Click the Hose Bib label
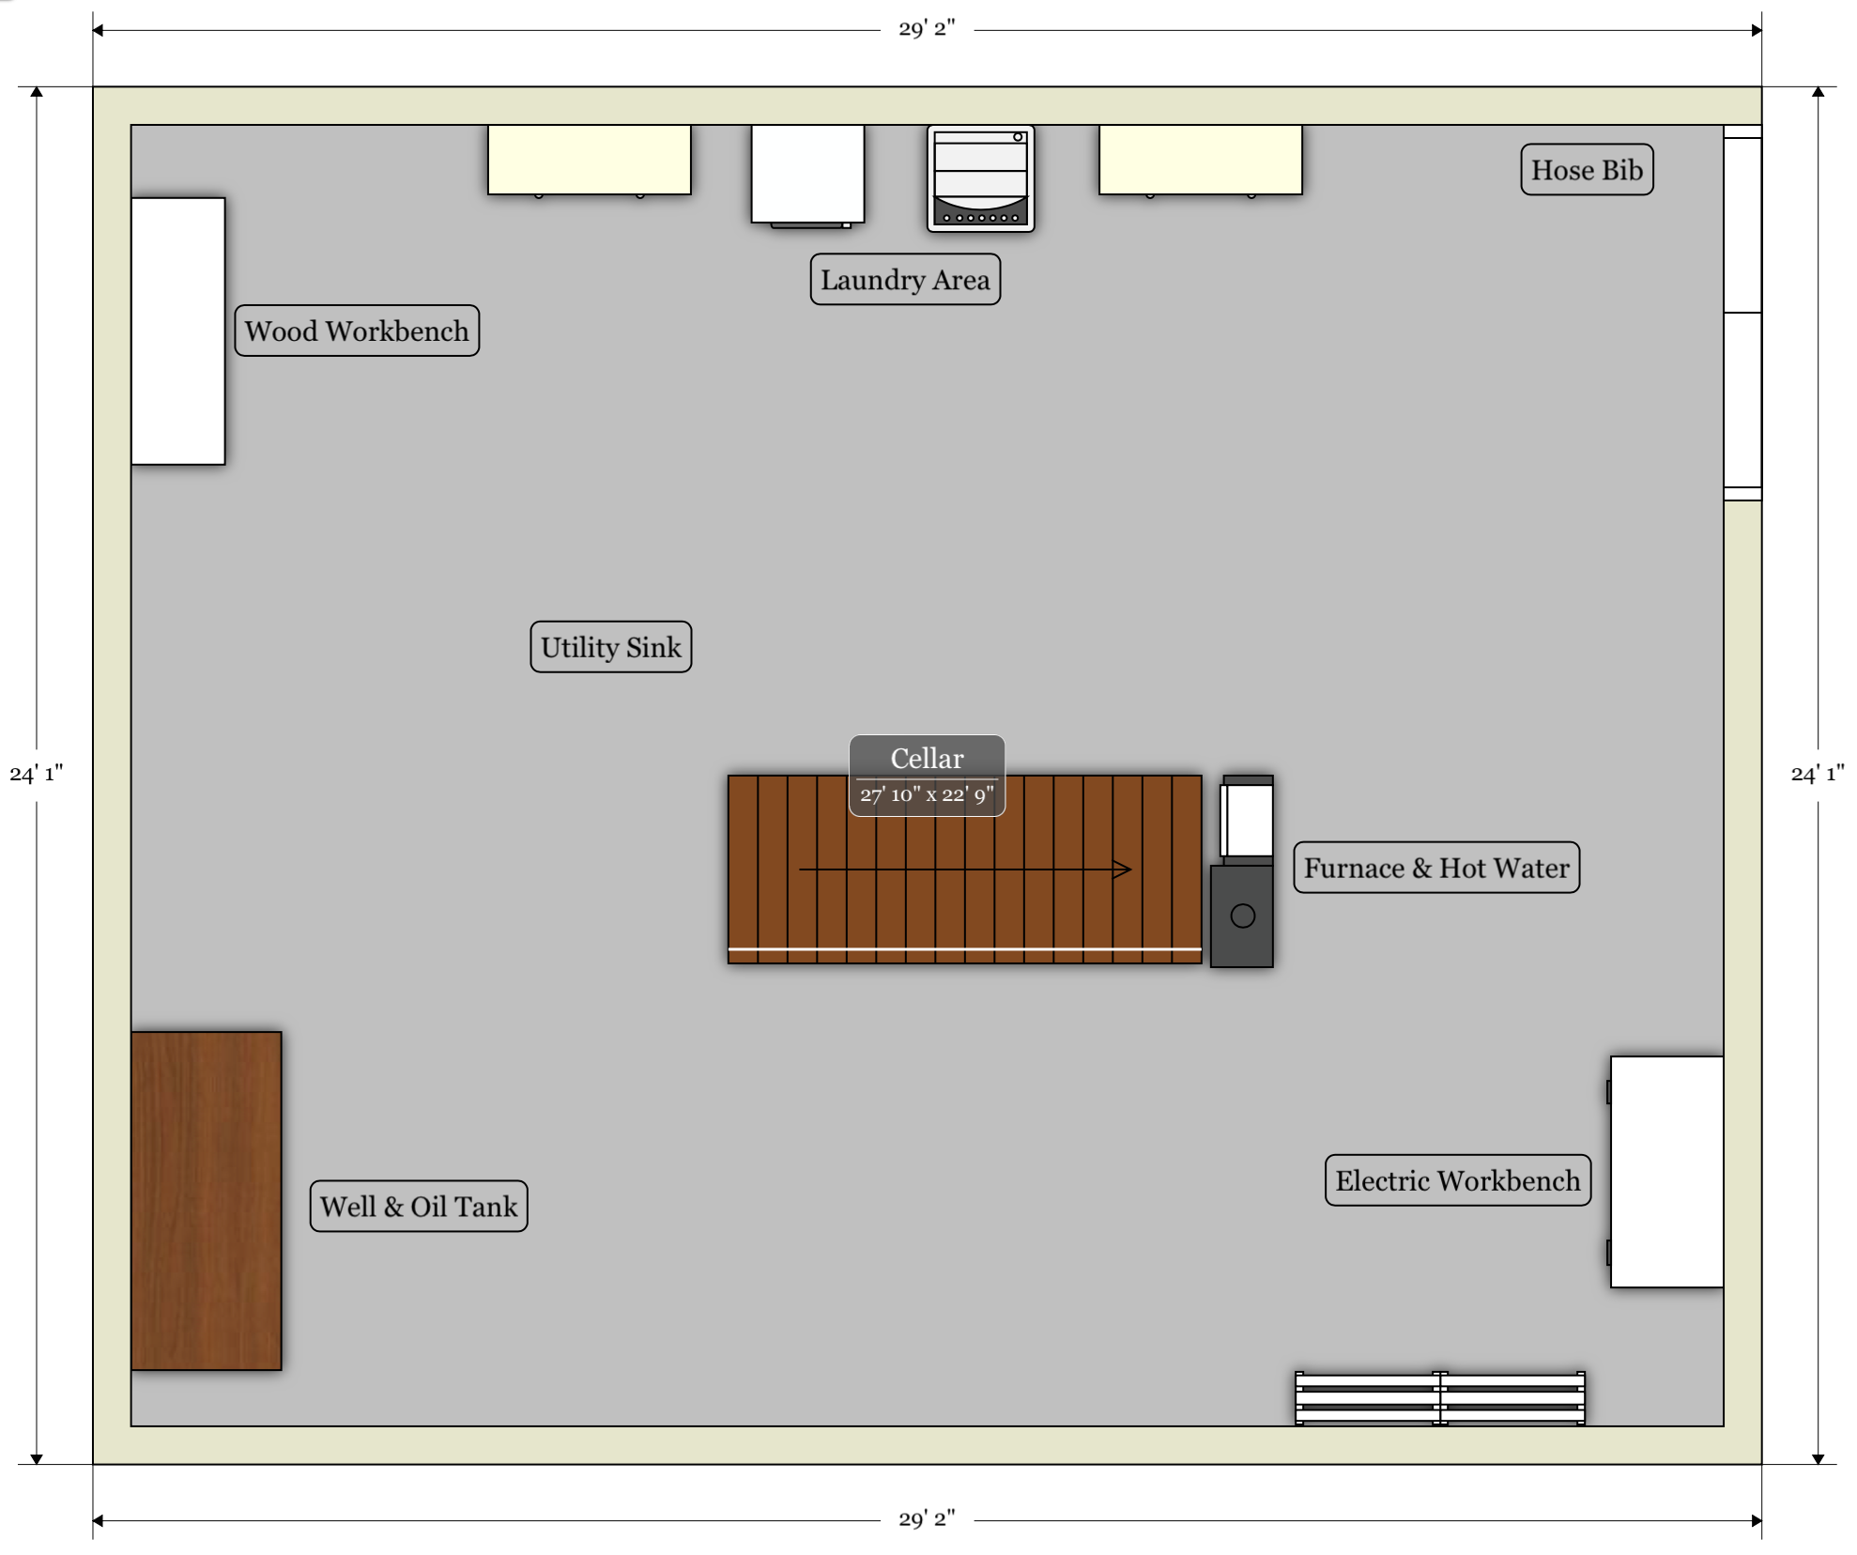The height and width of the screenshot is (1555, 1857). [x=1587, y=170]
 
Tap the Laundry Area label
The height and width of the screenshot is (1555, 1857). [x=905, y=279]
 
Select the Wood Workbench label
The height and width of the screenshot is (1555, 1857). [x=357, y=331]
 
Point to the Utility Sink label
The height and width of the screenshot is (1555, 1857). [x=611, y=647]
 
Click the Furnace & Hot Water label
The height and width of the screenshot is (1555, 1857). [x=1436, y=868]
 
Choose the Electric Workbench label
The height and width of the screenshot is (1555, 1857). [x=1458, y=1180]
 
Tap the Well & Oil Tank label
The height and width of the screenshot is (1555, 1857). [x=419, y=1207]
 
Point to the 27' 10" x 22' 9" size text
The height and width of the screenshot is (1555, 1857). [x=928, y=795]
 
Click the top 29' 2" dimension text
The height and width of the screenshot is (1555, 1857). [x=927, y=29]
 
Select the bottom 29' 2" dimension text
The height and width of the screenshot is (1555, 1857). [x=927, y=1519]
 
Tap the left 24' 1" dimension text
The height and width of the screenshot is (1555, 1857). [x=37, y=774]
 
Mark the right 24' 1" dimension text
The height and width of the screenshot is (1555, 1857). [x=1818, y=774]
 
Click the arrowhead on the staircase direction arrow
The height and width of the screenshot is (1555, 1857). [x=1123, y=870]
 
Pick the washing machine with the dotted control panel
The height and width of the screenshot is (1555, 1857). [x=981, y=178]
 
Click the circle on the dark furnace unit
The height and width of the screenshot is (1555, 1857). [x=1243, y=916]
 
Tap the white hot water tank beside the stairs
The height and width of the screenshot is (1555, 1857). [x=1248, y=819]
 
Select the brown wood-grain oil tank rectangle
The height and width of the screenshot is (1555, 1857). [x=207, y=1201]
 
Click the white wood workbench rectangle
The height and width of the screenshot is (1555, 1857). [x=178, y=331]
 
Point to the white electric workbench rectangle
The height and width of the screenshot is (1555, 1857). [x=1666, y=1172]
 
